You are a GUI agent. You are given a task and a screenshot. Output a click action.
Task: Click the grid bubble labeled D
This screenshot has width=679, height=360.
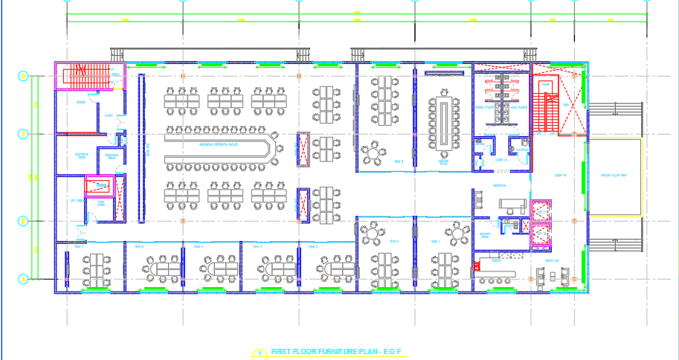pyautogui.click(x=23, y=76)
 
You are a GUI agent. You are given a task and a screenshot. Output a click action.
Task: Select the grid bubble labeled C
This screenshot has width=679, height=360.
pyautogui.click(x=23, y=134)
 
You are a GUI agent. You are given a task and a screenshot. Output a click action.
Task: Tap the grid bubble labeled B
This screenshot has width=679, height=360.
pyautogui.click(x=23, y=221)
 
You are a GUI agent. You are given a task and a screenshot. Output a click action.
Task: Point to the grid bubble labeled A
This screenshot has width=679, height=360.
pyautogui.click(x=23, y=279)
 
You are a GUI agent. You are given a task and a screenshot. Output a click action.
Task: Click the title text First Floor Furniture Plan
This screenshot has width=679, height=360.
pyautogui.click(x=336, y=351)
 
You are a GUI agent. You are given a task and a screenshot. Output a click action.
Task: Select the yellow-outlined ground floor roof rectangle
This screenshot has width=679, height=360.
pyautogui.click(x=614, y=176)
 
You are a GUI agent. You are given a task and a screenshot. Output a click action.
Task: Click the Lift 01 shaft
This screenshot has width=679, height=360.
pyautogui.click(x=541, y=210)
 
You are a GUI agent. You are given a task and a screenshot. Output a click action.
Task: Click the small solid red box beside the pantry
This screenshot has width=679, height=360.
pyautogui.click(x=477, y=264)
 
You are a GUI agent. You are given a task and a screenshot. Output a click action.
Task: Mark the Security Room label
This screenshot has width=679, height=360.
pyautogui.click(x=486, y=233)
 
